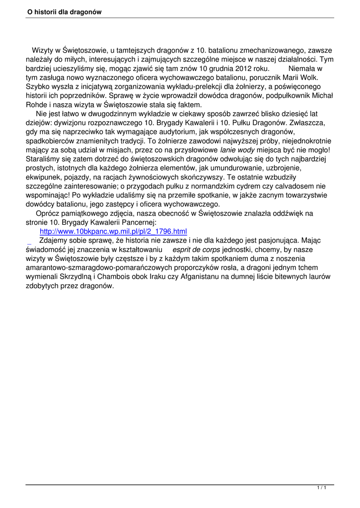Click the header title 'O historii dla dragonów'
tap(65, 12)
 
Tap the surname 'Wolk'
tap(312, 77)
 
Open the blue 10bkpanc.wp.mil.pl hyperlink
tap(113, 231)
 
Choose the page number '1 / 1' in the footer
tap(321, 488)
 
